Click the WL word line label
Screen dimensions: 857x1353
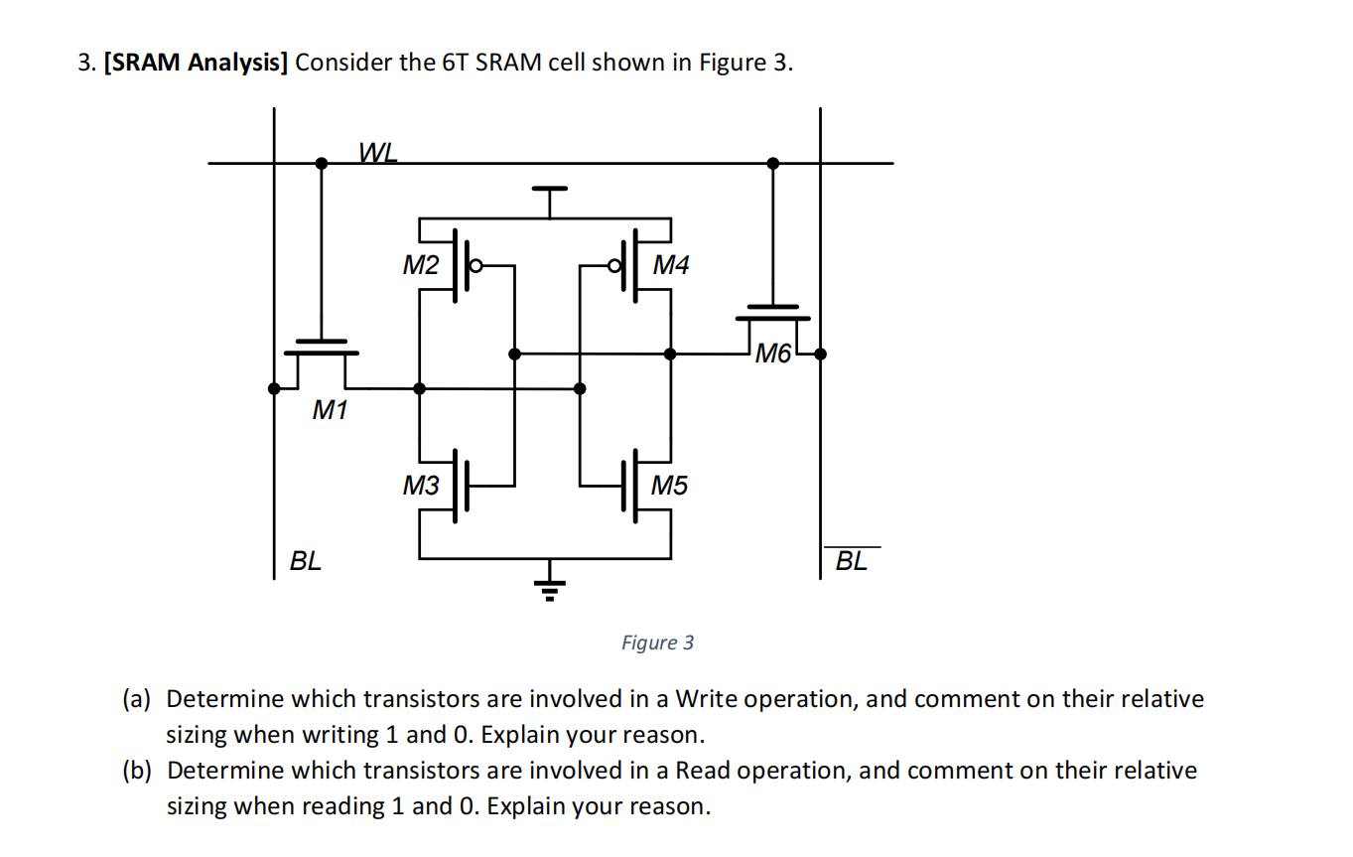[378, 151]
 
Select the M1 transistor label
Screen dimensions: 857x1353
[330, 409]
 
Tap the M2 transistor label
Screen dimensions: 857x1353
[420, 265]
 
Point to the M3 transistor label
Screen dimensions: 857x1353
[420, 486]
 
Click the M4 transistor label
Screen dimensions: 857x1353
[671, 265]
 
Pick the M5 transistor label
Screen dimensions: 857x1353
[669, 486]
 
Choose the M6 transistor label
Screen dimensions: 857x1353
[773, 352]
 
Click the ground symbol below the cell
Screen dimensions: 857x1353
[546, 588]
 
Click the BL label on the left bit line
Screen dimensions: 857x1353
[305, 561]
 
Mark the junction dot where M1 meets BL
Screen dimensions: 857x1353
[274, 388]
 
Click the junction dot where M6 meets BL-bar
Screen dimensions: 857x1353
[820, 353]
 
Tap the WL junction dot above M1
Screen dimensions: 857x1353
[321, 163]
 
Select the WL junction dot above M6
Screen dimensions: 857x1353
[773, 163]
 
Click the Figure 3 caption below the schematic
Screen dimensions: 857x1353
[657, 643]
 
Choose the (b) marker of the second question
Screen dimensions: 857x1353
[136, 771]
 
